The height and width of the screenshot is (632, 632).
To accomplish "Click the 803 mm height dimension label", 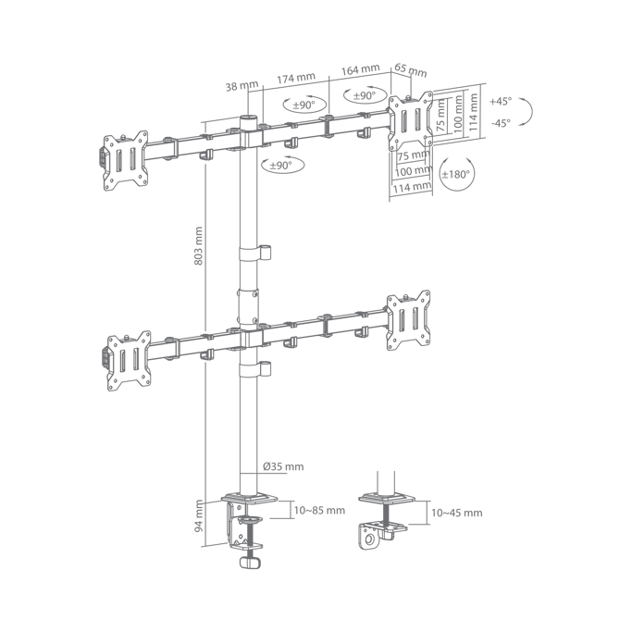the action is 198,246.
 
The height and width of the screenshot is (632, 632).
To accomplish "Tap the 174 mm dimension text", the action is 296,78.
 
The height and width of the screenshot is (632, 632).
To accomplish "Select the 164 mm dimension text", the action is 360,69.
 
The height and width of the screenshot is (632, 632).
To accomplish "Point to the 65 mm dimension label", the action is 410,69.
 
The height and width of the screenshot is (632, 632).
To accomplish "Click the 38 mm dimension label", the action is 242,86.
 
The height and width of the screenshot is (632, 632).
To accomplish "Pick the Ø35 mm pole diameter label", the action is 283,466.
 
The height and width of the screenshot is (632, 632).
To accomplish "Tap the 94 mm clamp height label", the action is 199,516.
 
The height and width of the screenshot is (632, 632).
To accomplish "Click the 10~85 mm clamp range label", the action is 319,510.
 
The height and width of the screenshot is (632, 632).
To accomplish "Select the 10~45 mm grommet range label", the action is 457,513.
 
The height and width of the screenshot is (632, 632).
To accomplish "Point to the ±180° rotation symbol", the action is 457,175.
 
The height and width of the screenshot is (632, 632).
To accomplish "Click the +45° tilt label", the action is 501,101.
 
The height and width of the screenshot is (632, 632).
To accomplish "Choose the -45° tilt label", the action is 501,122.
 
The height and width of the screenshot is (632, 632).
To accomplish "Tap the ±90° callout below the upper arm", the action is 281,166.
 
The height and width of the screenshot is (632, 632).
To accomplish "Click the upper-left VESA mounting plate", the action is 125,160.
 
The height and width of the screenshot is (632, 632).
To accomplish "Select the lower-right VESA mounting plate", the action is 408,320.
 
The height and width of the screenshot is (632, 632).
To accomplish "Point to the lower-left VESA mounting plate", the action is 129,361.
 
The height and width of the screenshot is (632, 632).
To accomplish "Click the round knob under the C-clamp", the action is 250,563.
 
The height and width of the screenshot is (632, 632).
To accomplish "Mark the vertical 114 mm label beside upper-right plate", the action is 474,112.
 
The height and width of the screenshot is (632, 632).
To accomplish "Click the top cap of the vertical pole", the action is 248,118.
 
